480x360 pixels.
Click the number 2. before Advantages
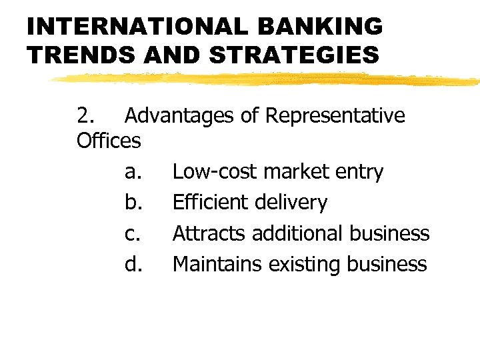[86, 116]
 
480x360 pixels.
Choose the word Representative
[335, 116]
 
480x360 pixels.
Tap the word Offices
[109, 141]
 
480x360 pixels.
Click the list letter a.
[132, 172]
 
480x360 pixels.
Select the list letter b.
[132, 203]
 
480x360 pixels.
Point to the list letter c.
[131, 234]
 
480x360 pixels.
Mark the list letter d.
[133, 265]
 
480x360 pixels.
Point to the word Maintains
[217, 265]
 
